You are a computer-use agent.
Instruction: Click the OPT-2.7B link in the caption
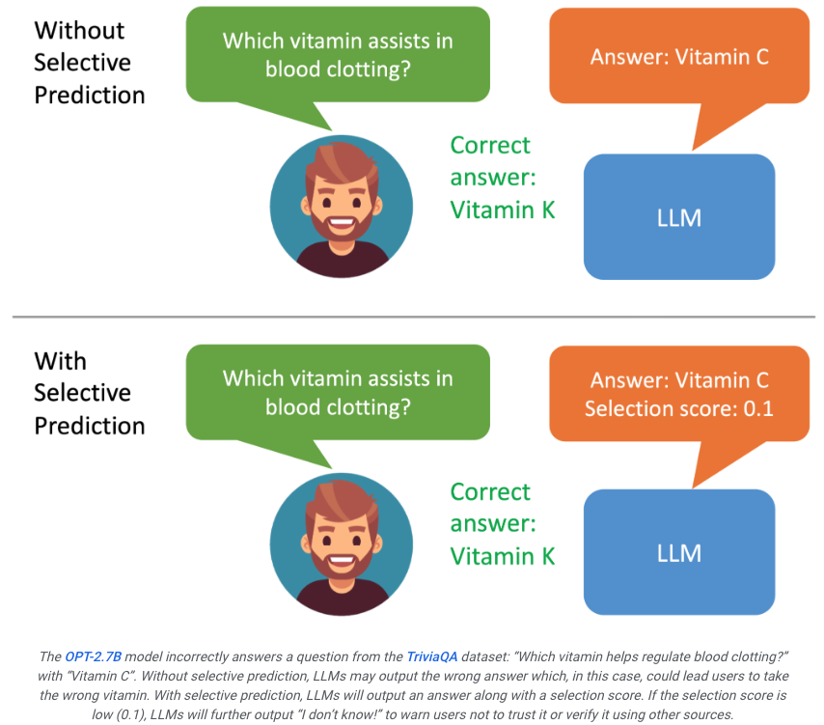(x=93, y=656)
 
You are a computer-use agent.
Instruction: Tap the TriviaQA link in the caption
(x=432, y=656)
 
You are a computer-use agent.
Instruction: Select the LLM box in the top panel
(x=679, y=216)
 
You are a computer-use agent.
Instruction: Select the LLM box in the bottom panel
(x=679, y=552)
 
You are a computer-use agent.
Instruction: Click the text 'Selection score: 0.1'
(x=679, y=408)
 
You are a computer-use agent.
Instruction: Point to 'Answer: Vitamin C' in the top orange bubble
(x=679, y=57)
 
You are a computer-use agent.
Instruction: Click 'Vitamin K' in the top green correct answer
(x=503, y=209)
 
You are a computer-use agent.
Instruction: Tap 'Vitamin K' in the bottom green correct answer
(x=503, y=556)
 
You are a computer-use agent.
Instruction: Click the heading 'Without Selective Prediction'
(x=90, y=63)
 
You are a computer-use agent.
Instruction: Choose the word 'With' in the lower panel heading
(x=60, y=361)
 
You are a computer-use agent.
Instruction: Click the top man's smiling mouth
(x=342, y=224)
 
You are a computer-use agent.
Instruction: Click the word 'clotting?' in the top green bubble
(x=368, y=70)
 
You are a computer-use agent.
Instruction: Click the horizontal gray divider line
(x=414, y=317)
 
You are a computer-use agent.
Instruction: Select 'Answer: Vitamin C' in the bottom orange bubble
(x=679, y=380)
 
